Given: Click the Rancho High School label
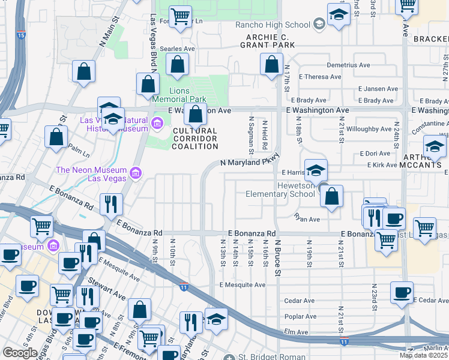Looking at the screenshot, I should coord(272,25).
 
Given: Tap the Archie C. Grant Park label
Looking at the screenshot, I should coord(267,41).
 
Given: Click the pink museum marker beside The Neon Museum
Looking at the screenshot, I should coord(135,174).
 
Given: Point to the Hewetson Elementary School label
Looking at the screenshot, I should coord(280,190).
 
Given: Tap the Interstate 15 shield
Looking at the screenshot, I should coord(21,36).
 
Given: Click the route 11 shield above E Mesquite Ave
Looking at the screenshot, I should coord(184,286).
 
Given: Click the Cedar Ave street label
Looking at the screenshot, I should coord(300,301).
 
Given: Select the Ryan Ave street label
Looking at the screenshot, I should coord(306,220).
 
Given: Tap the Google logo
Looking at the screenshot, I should coord(20,353).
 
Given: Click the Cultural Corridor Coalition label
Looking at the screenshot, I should coord(195,139).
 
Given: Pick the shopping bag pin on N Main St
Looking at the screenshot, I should coord(84,71).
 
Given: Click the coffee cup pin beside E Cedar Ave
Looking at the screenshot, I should coord(402,293).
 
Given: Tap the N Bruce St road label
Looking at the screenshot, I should coord(277,256).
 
